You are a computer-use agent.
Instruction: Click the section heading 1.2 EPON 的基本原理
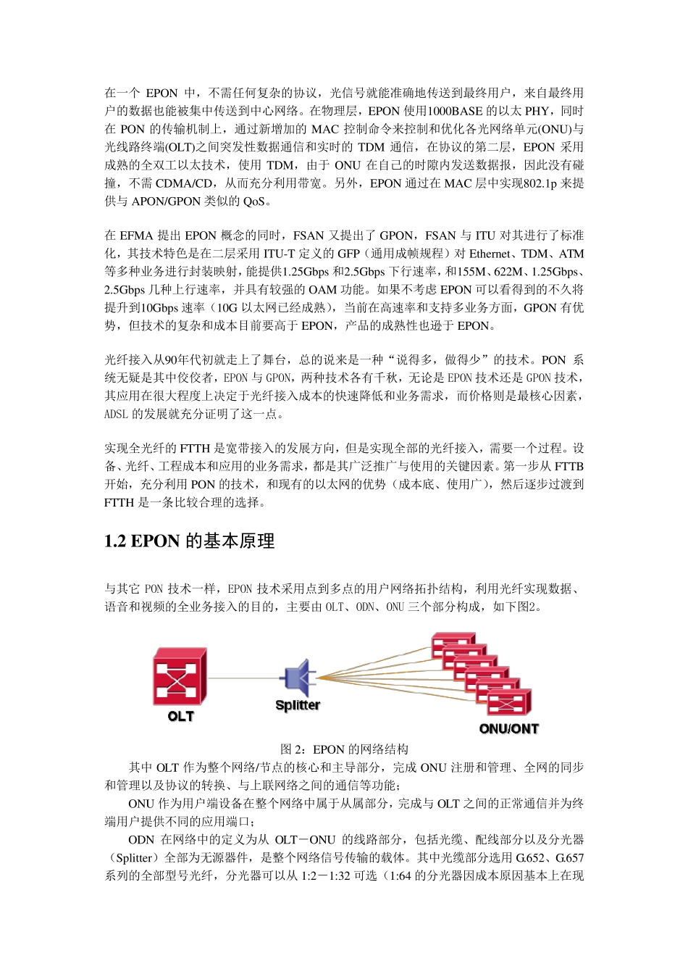(189, 541)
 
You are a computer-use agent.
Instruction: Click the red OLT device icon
(179, 678)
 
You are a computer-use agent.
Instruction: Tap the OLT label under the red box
(180, 716)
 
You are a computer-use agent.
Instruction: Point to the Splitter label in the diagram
(297, 705)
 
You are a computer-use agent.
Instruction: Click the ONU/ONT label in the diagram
(508, 728)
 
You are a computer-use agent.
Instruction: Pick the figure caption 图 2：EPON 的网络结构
(344, 749)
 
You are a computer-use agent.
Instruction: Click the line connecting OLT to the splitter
(243, 678)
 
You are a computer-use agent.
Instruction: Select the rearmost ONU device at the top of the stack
(453, 644)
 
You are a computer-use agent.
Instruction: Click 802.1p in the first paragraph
(540, 183)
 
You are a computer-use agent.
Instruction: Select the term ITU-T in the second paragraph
(280, 254)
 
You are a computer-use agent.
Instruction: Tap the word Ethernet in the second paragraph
(490, 254)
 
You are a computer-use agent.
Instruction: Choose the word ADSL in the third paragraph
(116, 415)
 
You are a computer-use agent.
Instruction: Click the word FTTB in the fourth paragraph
(569, 466)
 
